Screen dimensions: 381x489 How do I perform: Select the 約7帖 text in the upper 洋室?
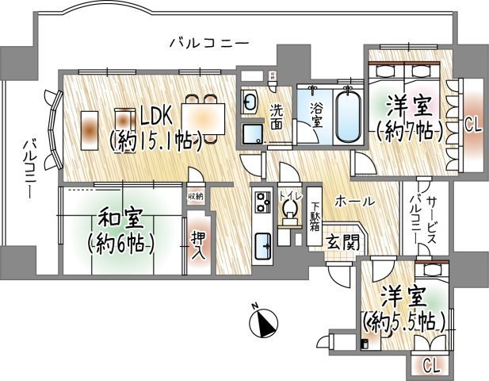click(x=408, y=130)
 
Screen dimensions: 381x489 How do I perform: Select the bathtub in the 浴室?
click(x=346, y=117)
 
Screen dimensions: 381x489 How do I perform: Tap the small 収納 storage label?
click(x=195, y=195)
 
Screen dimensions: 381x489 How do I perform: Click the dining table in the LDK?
click(x=201, y=117)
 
